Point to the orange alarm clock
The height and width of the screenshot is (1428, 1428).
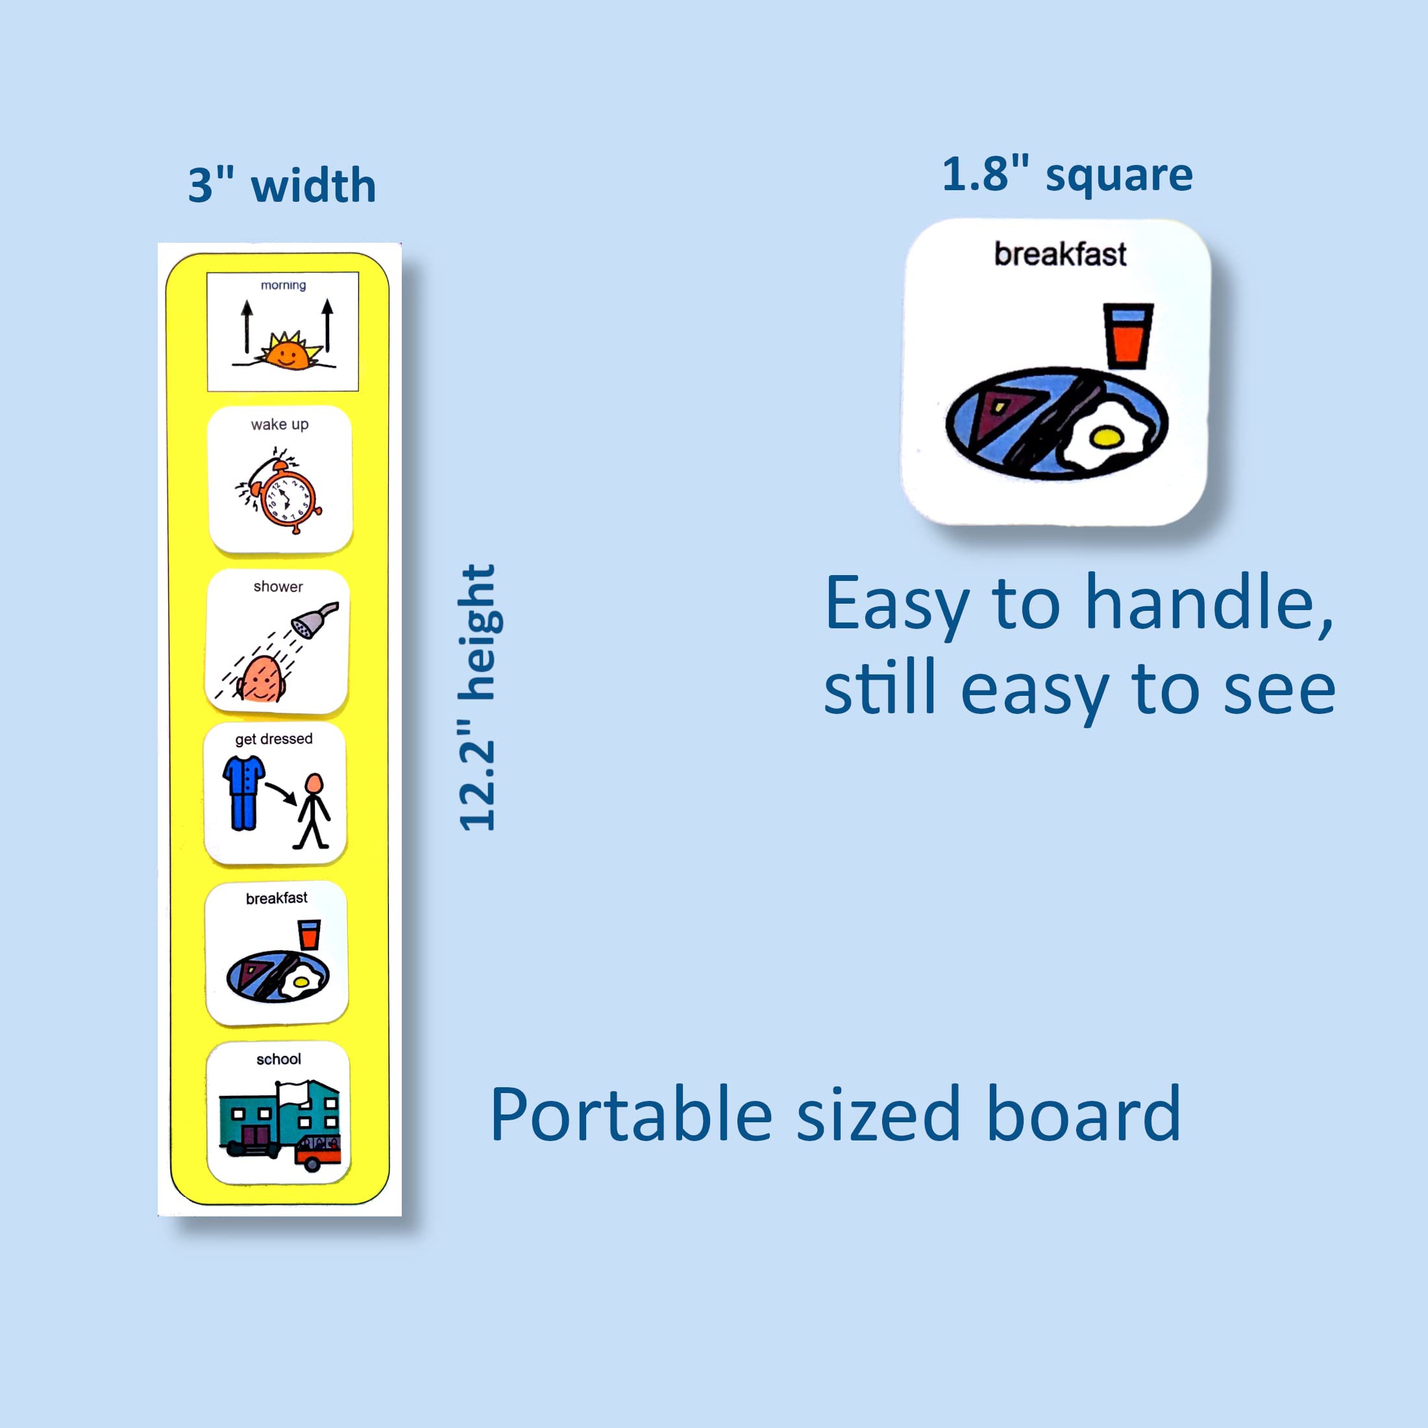(x=282, y=491)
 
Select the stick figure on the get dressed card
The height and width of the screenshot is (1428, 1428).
(x=313, y=811)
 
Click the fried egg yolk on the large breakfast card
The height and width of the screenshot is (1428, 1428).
(x=1107, y=437)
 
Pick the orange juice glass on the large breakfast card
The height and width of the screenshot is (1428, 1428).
(x=1128, y=336)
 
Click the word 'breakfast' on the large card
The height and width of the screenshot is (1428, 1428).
(x=1060, y=254)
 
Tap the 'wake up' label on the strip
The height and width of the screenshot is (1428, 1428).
(x=279, y=425)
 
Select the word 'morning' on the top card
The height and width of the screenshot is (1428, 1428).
(x=283, y=286)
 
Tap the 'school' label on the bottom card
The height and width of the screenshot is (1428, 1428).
(x=278, y=1059)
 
